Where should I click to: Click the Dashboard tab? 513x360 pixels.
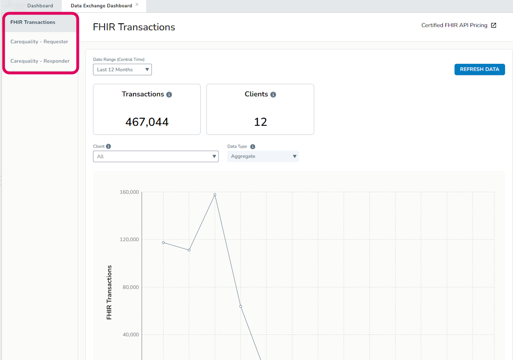point(40,6)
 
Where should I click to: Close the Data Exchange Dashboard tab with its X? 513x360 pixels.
point(137,4)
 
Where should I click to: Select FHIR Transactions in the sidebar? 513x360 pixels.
point(33,22)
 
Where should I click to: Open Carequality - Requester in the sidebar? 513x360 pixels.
point(39,41)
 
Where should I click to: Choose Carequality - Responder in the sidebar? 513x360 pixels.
point(40,61)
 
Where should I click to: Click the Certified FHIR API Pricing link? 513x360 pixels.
point(454,25)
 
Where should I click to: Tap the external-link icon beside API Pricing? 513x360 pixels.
point(493,25)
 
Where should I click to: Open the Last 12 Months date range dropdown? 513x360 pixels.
point(122,69)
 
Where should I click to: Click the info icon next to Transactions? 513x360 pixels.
point(169,94)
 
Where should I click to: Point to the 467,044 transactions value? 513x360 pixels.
point(147,122)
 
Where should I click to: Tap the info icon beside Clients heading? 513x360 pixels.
point(273,94)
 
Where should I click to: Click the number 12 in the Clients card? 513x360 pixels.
point(261,122)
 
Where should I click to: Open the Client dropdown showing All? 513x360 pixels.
point(156,156)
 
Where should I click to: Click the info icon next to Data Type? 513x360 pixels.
point(252,147)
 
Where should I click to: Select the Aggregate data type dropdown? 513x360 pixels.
point(263,156)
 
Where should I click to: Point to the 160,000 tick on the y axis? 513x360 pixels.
point(129,192)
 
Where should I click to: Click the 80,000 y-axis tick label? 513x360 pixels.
point(131,287)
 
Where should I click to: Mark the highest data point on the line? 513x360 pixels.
point(215,195)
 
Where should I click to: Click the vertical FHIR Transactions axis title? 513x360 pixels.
point(109,292)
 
